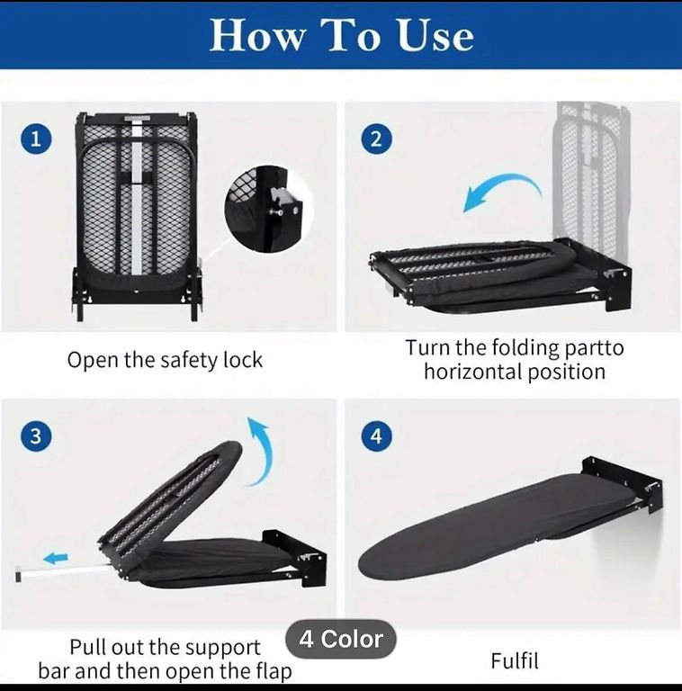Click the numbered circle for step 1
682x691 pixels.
coord(36,139)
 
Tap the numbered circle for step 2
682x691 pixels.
coord(376,139)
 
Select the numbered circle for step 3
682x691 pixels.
coord(36,436)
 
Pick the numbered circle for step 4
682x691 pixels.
coord(376,436)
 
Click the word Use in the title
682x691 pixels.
coord(435,35)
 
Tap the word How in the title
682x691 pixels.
coord(256,35)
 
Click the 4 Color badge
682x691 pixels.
coord(341,639)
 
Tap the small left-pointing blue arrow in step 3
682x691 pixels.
coord(56,558)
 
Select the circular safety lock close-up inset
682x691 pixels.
coord(269,210)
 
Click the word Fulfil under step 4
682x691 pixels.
coord(515,660)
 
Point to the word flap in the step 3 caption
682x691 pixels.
coord(274,671)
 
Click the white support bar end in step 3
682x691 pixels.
coord(18,573)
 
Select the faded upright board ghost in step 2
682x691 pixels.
coord(593,174)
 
